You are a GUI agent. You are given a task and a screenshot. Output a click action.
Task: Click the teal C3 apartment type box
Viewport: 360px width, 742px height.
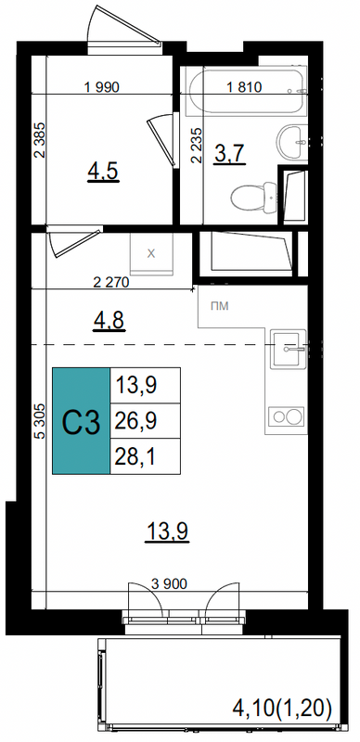pyautogui.click(x=81, y=421)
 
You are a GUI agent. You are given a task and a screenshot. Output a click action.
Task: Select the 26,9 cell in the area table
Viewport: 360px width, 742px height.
pyautogui.click(x=145, y=421)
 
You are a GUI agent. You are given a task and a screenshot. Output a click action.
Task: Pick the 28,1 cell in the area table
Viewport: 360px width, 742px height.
pyautogui.click(x=145, y=456)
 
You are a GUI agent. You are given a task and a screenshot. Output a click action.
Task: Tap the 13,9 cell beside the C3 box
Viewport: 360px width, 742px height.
pyautogui.click(x=145, y=385)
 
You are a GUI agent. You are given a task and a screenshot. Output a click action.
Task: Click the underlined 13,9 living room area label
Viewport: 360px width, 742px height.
pyautogui.click(x=168, y=531)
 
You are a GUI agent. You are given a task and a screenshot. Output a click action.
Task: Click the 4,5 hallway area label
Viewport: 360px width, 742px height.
pyautogui.click(x=102, y=172)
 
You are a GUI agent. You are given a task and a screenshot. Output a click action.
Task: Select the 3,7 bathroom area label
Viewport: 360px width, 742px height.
pyautogui.click(x=229, y=153)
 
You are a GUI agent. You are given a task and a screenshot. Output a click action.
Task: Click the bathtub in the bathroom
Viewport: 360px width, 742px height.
pyautogui.click(x=244, y=91)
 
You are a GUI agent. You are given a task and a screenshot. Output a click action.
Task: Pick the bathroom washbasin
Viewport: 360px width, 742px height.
pyautogui.click(x=292, y=142)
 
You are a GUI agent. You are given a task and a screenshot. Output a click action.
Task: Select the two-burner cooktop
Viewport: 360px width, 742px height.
pyautogui.click(x=286, y=416)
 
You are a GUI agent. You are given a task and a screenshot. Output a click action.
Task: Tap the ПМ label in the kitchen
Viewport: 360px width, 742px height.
pyautogui.click(x=220, y=306)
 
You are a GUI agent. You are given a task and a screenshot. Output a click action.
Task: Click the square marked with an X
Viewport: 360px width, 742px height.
pyautogui.click(x=151, y=253)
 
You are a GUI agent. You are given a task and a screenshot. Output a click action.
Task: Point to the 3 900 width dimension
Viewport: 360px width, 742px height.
pyautogui.click(x=169, y=584)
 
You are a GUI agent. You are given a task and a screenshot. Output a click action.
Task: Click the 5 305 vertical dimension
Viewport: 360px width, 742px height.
pyautogui.click(x=40, y=422)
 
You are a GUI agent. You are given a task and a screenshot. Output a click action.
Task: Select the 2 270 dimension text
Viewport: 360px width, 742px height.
pyautogui.click(x=110, y=283)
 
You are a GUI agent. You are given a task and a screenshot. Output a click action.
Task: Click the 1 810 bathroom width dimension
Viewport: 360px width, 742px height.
pyautogui.click(x=244, y=86)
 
